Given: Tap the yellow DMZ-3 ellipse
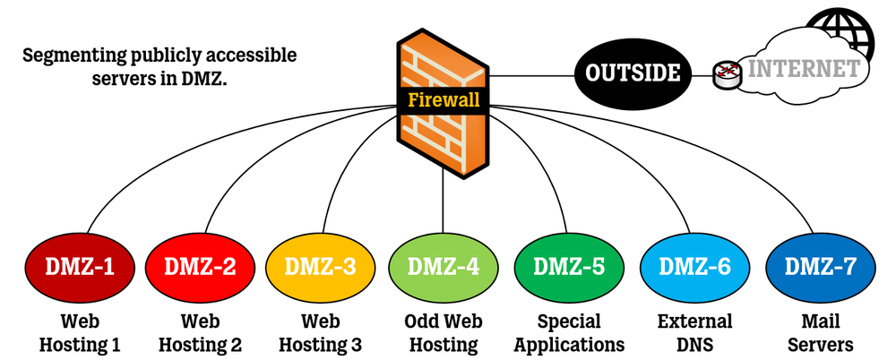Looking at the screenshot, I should pos(318,266).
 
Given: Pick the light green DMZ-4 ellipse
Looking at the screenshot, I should pos(443,266).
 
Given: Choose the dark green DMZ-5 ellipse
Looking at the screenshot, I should pos(568,266).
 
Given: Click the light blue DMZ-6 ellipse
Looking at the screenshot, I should pos(694,266).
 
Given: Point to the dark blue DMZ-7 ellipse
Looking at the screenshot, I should pos(820,266).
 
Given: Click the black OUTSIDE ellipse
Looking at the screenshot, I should pos(633,73).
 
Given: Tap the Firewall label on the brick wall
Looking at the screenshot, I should pos(444,99).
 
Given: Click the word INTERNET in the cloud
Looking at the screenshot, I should pos(804,69).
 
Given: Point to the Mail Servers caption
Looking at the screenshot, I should pos(820,332).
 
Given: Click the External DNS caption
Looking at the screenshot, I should pos(694,332).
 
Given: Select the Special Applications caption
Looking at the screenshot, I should pos(568,332).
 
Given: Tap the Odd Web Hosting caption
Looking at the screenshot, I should pos(443,332).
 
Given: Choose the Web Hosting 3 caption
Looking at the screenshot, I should pos(318,332).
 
